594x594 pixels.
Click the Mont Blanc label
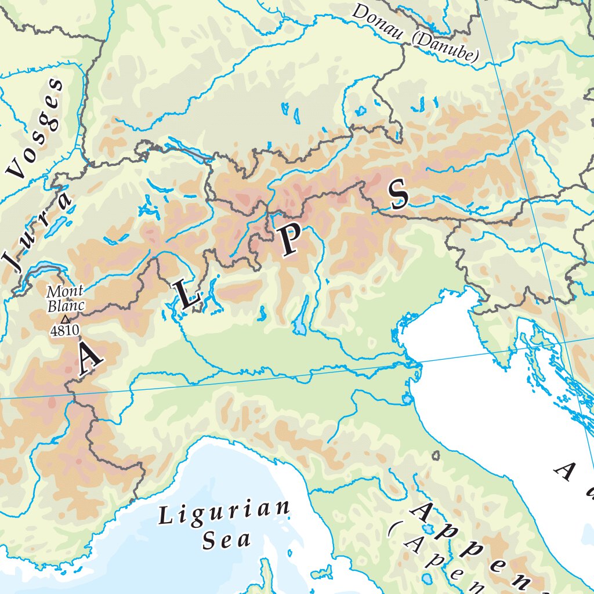click(x=66, y=298)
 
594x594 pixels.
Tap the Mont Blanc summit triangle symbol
click(x=65, y=319)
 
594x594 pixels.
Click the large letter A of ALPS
click(x=89, y=358)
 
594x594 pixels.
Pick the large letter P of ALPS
click(x=289, y=241)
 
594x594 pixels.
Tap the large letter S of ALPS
click(x=399, y=194)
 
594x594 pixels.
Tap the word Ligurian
click(x=224, y=513)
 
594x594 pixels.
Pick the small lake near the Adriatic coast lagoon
click(x=408, y=399)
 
